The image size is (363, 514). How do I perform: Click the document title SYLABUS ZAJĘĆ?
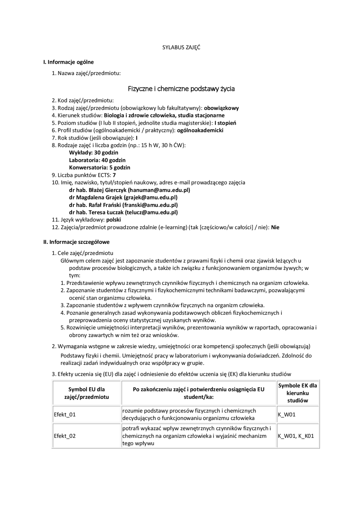(x=181, y=47)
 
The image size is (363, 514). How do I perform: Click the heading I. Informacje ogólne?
(x=68, y=62)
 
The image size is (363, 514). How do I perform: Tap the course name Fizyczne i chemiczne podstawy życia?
(x=181, y=89)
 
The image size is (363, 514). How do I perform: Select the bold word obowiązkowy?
(x=221, y=108)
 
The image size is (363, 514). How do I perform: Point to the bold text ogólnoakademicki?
(x=200, y=130)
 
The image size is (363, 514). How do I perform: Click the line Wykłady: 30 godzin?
(x=94, y=153)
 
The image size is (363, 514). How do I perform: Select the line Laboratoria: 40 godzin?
(x=97, y=160)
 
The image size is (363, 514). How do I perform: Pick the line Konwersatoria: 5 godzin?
(x=100, y=167)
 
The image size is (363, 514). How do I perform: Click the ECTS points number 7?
(x=114, y=175)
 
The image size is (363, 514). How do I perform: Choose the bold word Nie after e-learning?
(x=275, y=227)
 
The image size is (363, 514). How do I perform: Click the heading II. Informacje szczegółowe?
(x=76, y=242)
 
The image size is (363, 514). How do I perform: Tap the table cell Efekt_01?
(x=65, y=414)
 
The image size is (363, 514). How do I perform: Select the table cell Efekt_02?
(x=65, y=436)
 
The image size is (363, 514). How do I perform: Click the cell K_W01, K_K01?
(x=296, y=436)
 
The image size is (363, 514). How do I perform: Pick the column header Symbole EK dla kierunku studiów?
(x=297, y=393)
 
